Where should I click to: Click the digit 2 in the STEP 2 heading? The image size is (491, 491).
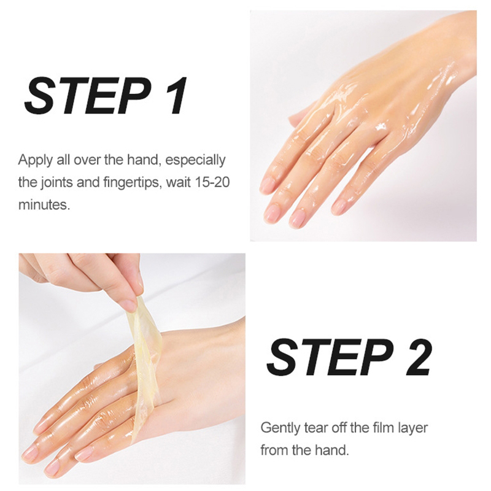(x=416, y=358)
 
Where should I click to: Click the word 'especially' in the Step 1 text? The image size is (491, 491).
(x=195, y=161)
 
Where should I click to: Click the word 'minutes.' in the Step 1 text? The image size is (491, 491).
(x=44, y=204)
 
